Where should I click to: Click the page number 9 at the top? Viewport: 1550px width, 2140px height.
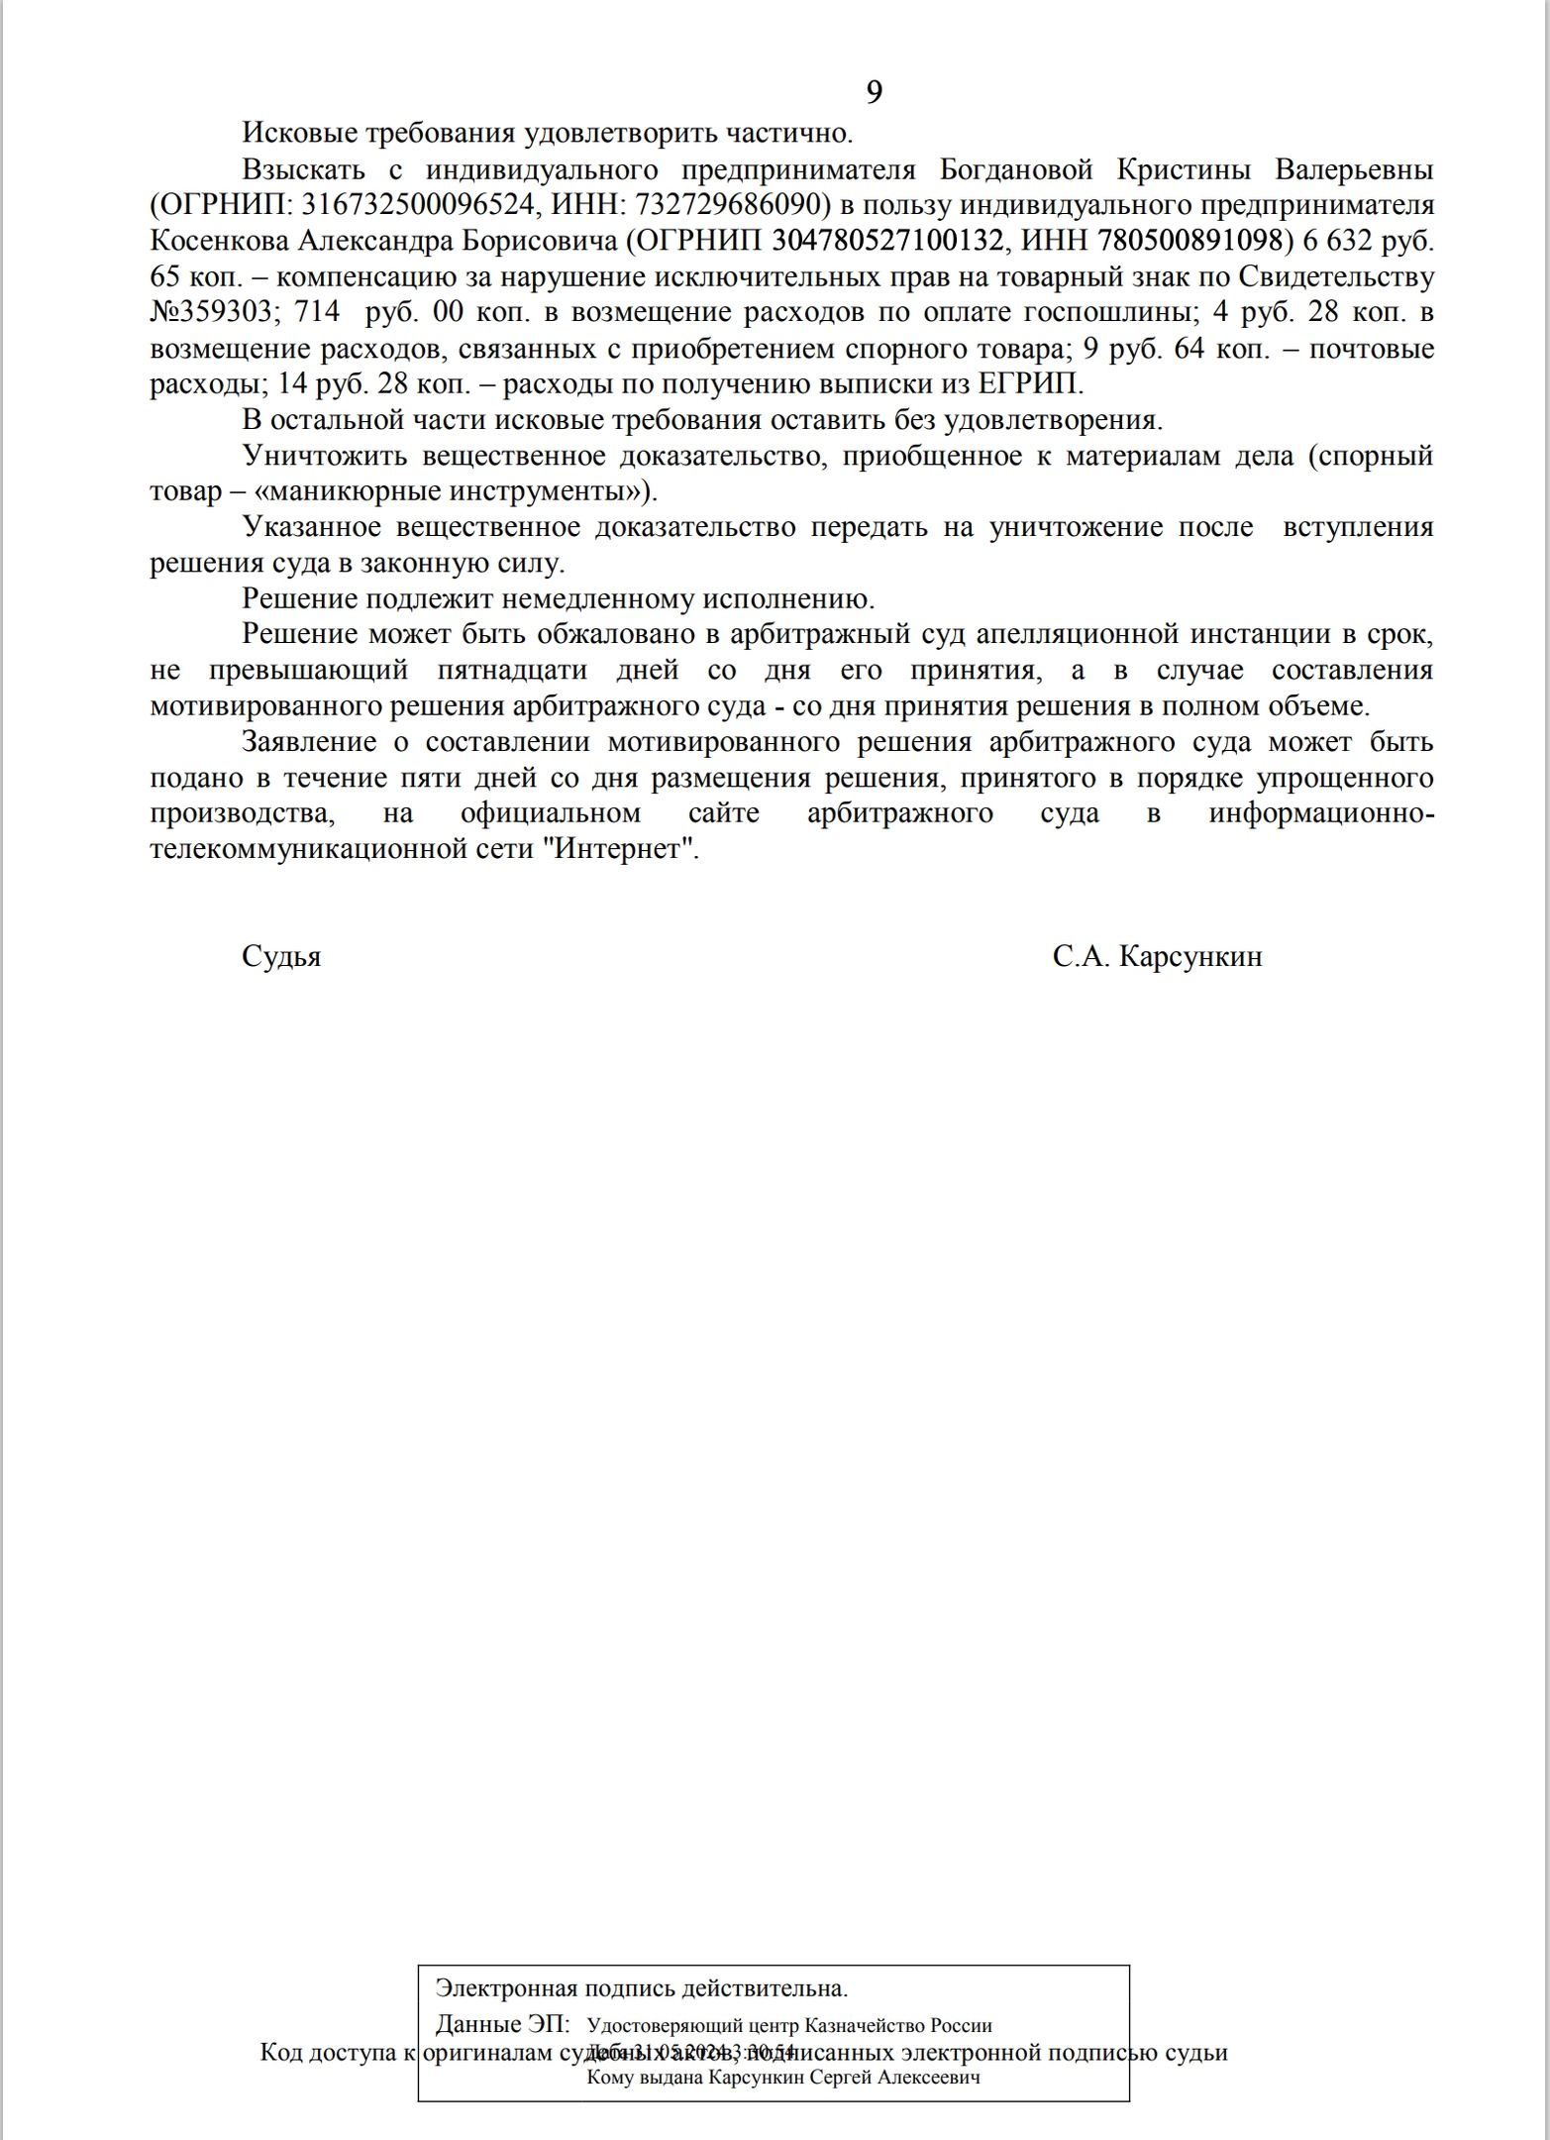pos(874,92)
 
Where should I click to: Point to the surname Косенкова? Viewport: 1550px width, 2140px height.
pos(217,241)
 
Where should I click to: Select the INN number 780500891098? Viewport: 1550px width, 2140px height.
pos(1188,241)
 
